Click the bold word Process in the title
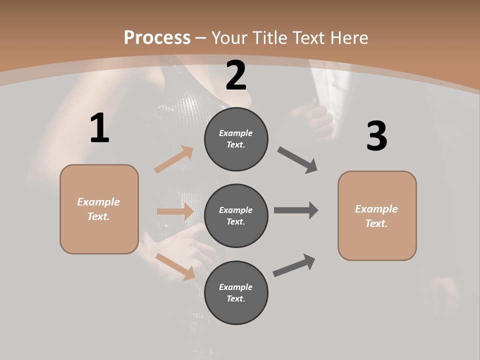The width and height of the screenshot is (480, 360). point(157,37)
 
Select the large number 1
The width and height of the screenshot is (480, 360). point(99,128)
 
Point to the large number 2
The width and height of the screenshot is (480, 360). point(236,75)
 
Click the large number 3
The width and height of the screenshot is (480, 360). point(376,136)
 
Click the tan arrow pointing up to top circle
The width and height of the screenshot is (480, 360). point(173,159)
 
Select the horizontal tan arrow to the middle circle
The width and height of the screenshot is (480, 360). point(175,211)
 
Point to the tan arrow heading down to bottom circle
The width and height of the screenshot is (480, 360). point(175,266)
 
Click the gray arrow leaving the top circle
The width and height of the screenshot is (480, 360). point(297,160)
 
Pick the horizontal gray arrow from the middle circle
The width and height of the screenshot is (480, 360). point(295,210)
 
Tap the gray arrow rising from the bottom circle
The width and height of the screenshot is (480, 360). point(294,265)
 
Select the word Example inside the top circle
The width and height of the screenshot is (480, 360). point(236,133)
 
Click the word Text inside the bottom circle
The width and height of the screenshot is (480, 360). point(235,298)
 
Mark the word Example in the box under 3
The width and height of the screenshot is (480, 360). point(376,209)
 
